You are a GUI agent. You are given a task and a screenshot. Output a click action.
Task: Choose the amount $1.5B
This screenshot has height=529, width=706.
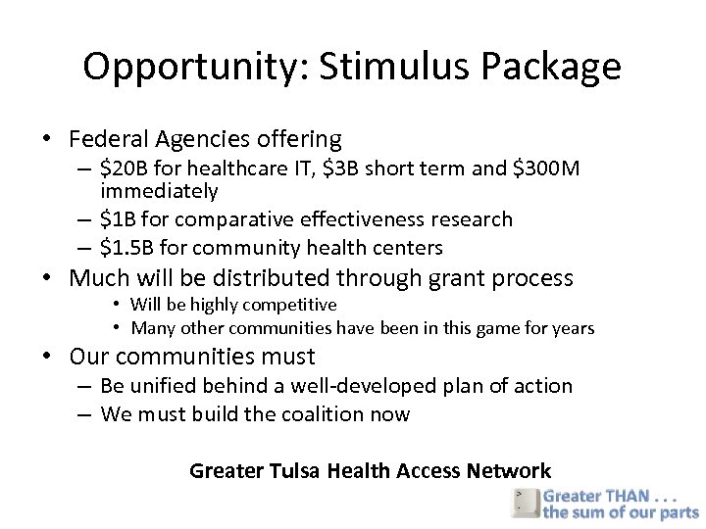(x=130, y=248)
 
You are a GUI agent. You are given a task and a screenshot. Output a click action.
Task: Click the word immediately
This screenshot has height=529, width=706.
(x=159, y=191)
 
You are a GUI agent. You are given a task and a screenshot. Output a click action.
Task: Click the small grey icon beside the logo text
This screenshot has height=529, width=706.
(x=524, y=503)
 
